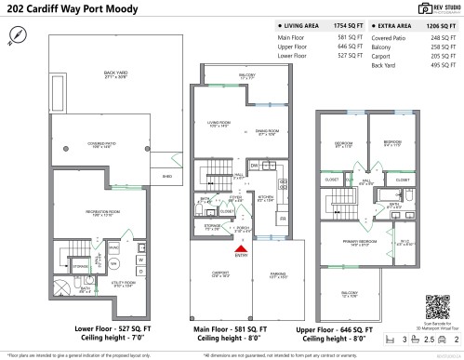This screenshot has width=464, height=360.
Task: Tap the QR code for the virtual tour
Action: [x=437, y=306]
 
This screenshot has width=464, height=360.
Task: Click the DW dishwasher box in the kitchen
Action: [x=254, y=165]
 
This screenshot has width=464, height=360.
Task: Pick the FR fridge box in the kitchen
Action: [x=283, y=217]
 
